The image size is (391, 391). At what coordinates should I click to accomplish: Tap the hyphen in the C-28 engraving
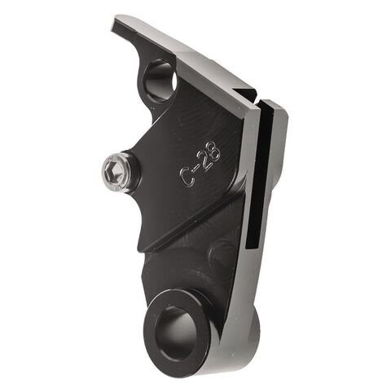tap(192, 163)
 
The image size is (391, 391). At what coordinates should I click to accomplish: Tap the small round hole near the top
tap(160, 80)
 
